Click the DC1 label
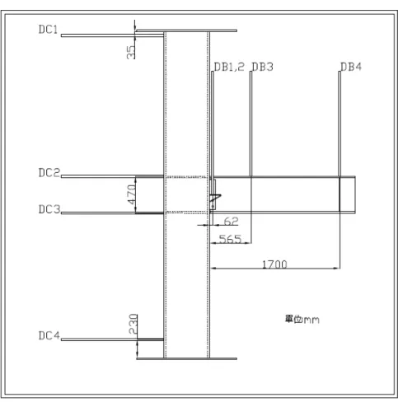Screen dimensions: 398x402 click(x=49, y=30)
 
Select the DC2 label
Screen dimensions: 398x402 click(x=49, y=173)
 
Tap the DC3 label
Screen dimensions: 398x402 click(x=49, y=209)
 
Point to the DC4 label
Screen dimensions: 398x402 click(x=49, y=335)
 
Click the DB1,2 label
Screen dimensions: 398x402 click(x=229, y=67)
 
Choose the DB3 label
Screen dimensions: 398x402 click(x=263, y=67)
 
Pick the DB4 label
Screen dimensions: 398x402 click(x=351, y=67)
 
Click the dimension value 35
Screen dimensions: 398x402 click(x=131, y=52)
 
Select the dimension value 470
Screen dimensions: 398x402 click(x=132, y=194)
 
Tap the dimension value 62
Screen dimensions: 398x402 click(x=231, y=221)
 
